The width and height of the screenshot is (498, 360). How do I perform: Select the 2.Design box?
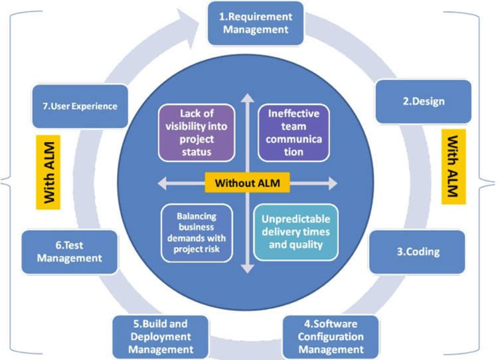[x=424, y=102]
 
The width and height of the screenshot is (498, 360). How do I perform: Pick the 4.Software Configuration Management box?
[x=330, y=337]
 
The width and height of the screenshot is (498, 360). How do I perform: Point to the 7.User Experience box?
[x=79, y=106]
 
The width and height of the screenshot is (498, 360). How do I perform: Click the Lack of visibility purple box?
[x=196, y=132]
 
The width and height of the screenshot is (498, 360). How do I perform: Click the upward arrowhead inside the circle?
[x=247, y=97]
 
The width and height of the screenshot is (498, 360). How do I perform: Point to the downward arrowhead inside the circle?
[x=247, y=268]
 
